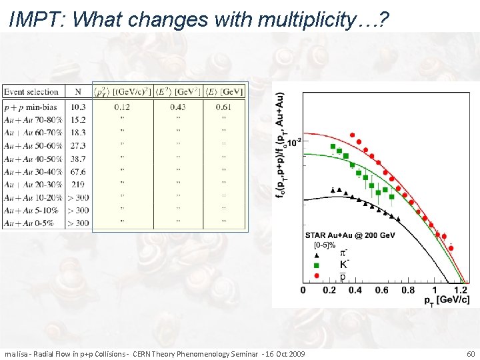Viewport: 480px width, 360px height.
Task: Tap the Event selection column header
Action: (x=31, y=92)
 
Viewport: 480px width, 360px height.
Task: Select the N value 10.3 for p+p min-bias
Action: (x=78, y=107)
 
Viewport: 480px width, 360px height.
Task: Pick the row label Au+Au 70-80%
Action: (x=33, y=120)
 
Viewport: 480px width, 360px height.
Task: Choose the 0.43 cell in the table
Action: (x=178, y=107)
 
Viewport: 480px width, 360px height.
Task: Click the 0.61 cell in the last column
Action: (x=224, y=107)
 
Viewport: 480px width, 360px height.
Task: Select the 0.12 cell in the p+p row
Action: (x=122, y=107)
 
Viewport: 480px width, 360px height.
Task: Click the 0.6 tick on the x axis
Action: (x=381, y=291)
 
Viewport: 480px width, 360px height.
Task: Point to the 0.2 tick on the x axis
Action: (x=329, y=291)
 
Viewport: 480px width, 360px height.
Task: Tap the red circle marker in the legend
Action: (x=317, y=274)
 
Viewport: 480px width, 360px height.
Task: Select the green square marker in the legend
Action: (x=317, y=265)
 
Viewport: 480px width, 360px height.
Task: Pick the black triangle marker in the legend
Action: (x=317, y=255)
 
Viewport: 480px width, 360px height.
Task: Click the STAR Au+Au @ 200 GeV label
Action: (x=353, y=235)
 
